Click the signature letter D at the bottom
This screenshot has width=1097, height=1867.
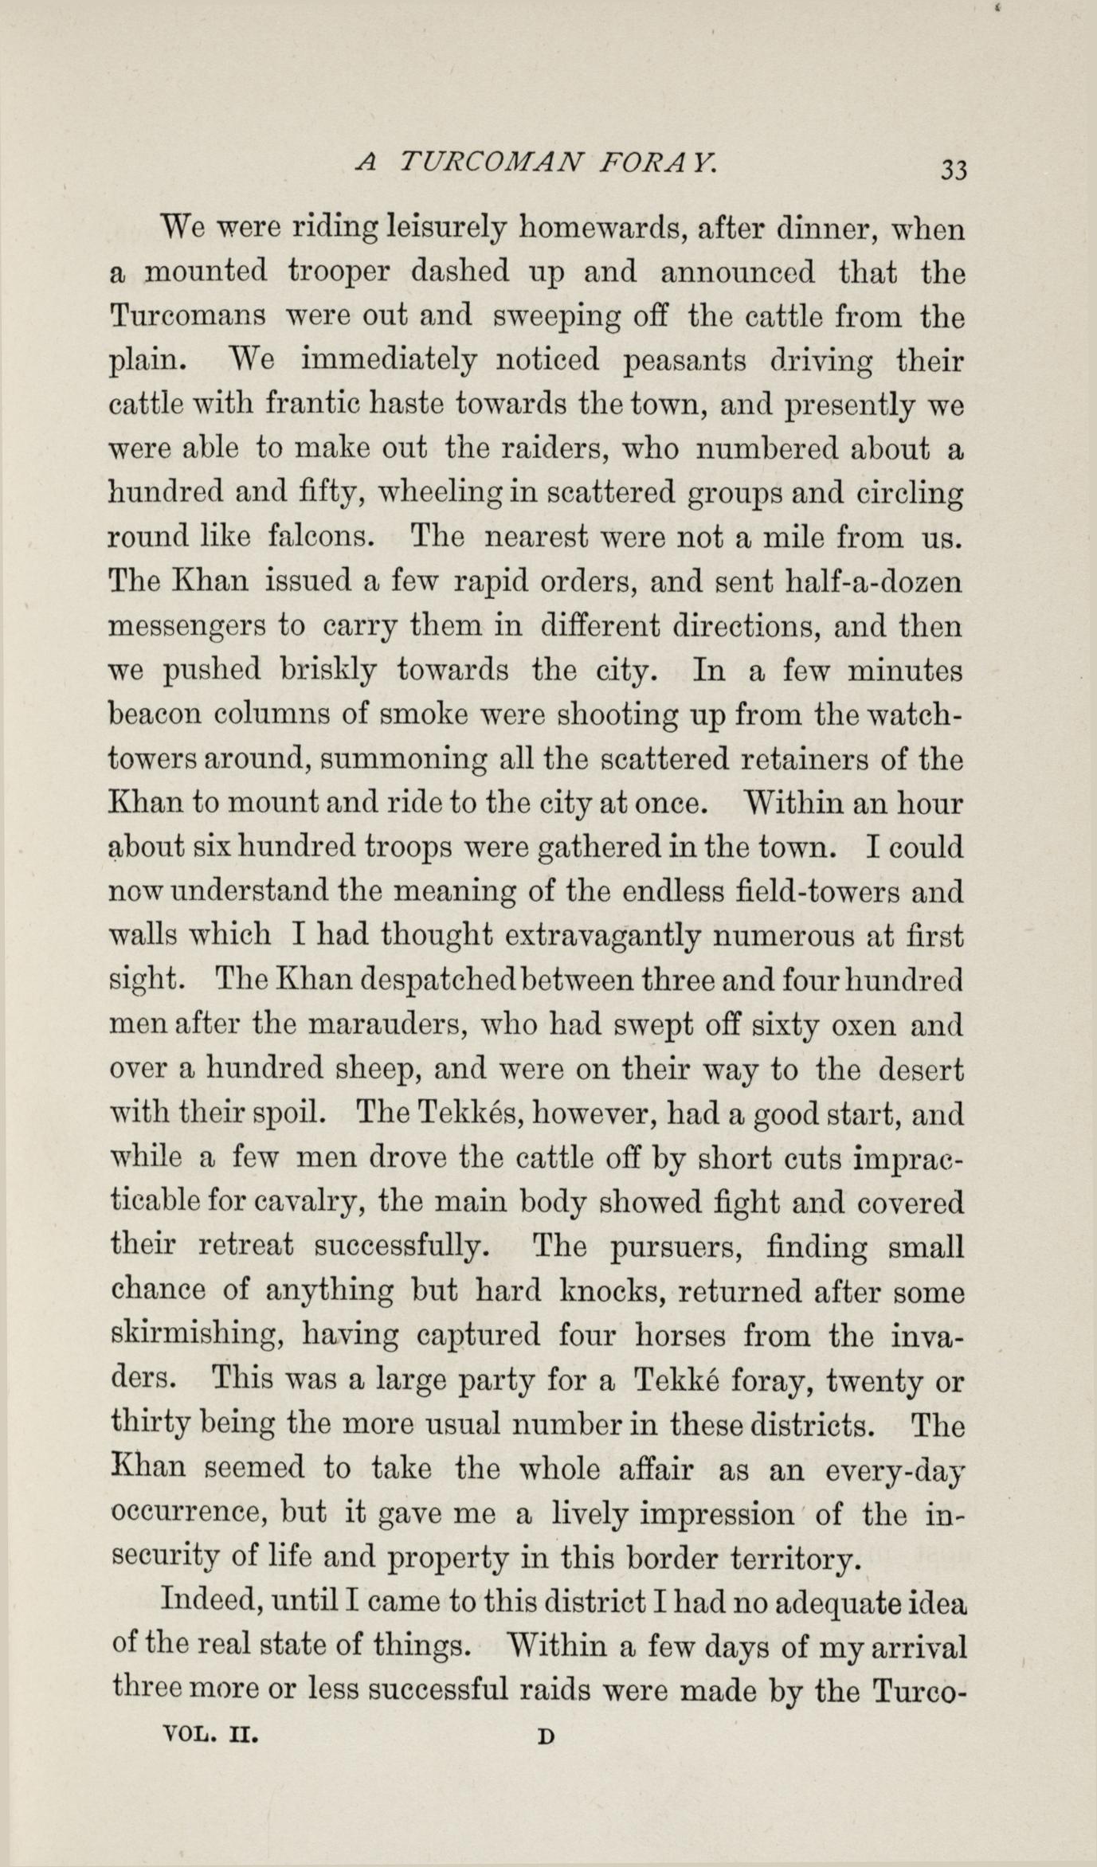click(x=546, y=1736)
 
